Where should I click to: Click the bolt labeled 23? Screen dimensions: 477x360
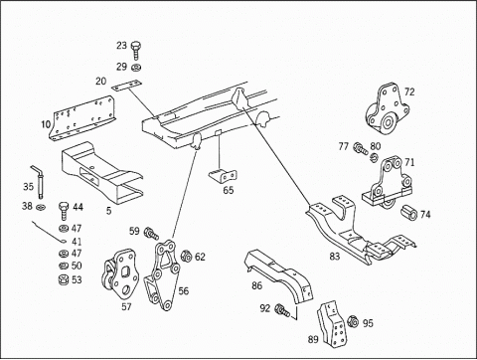click(135, 50)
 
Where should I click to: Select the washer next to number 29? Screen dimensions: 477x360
click(136, 68)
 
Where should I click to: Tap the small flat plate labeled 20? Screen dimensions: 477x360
click(126, 86)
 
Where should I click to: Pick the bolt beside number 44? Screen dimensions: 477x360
click(64, 211)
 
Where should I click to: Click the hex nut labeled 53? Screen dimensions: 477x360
click(64, 280)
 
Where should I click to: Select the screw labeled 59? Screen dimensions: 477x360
click(150, 233)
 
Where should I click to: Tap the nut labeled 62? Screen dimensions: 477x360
click(186, 256)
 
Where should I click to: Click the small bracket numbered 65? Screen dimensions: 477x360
click(223, 176)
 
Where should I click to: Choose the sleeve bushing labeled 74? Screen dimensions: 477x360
click(410, 213)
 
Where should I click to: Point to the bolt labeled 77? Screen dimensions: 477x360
click(360, 148)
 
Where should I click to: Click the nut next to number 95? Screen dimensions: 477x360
click(353, 321)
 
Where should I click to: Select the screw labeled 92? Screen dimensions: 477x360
click(282, 310)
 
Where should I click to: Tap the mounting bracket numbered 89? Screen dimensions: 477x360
click(332, 323)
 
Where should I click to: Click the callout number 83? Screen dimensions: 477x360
click(335, 257)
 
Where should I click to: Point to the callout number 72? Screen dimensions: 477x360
click(409, 91)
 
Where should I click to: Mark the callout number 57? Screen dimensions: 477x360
click(126, 306)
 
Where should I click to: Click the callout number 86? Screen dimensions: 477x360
click(256, 285)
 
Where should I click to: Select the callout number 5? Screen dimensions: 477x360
click(108, 211)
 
